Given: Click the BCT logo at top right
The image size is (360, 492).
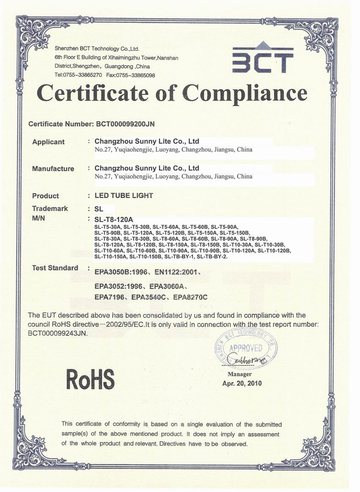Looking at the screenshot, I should pyautogui.click(x=263, y=59).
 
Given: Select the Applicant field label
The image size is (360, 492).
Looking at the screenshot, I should pyautogui.click(x=48, y=142).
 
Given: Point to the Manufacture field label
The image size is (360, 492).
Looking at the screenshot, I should pyautogui.click(x=53, y=169).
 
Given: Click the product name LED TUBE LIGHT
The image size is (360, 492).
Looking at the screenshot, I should pyautogui.click(x=124, y=196).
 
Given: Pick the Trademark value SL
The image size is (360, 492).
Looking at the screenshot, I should pyautogui.click(x=99, y=209).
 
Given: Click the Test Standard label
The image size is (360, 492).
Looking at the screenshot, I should pyautogui.click(x=55, y=268).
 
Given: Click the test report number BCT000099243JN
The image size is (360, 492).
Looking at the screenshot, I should pyautogui.click(x=58, y=333).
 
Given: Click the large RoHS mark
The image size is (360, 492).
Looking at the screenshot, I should pyautogui.click(x=90, y=378).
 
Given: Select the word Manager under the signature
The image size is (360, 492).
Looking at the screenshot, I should pyautogui.click(x=240, y=374).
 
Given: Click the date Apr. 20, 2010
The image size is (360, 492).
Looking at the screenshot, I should pyautogui.click(x=242, y=383).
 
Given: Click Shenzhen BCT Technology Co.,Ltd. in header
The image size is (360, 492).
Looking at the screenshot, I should pyautogui.click(x=97, y=49).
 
